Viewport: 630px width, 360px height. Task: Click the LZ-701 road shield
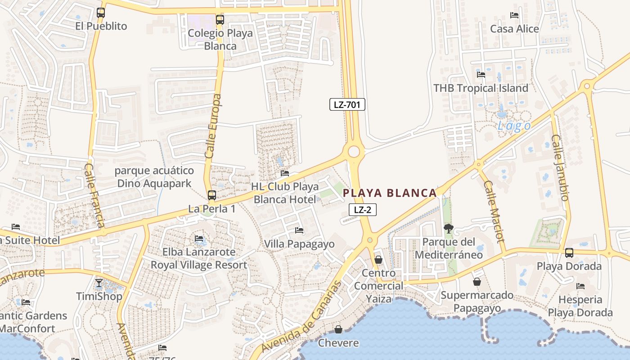pos(347,105)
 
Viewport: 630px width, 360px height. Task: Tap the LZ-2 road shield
pos(362,209)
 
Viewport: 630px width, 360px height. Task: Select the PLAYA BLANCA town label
pos(390,193)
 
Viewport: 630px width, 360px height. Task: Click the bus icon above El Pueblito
pos(101,13)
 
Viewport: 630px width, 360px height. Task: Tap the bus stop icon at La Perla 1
pos(211,195)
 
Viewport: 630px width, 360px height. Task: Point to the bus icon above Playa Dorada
pos(569,252)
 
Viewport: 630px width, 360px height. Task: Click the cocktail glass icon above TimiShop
pos(99,283)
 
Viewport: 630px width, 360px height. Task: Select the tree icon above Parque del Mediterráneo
pos(448,229)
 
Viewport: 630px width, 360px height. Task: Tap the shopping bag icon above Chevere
pos(338,329)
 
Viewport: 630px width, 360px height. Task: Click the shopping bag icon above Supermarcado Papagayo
pos(477,282)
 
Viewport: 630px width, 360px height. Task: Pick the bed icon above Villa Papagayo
pos(299,230)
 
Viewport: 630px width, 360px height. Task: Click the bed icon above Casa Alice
pos(514,15)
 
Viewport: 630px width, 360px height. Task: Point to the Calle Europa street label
pos(214,126)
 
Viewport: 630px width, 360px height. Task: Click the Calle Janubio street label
pos(561,167)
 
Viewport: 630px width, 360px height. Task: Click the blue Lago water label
pos(514,126)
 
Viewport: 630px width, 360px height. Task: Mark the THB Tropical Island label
pos(481,88)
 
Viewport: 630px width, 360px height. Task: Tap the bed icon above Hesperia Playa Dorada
pos(580,286)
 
